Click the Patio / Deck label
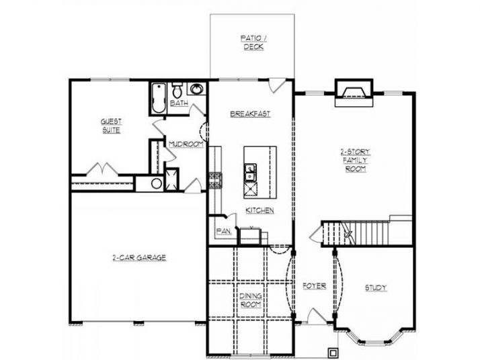253,43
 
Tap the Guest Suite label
111,126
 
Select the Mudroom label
186,144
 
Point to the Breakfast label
250,114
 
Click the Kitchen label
259,210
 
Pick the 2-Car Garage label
139,257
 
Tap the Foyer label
314,286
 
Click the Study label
376,288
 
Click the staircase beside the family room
366,232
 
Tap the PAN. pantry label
224,232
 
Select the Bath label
179,103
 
